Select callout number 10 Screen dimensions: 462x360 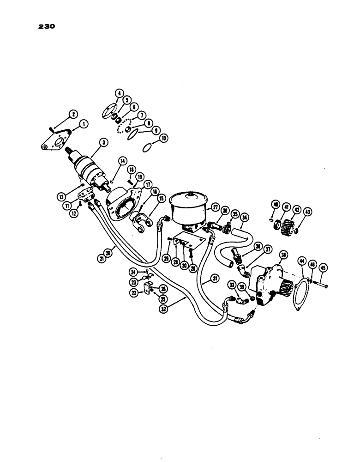(x=150, y=138)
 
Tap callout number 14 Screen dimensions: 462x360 (x=122, y=161)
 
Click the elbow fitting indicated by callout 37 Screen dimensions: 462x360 (x=242, y=268)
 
